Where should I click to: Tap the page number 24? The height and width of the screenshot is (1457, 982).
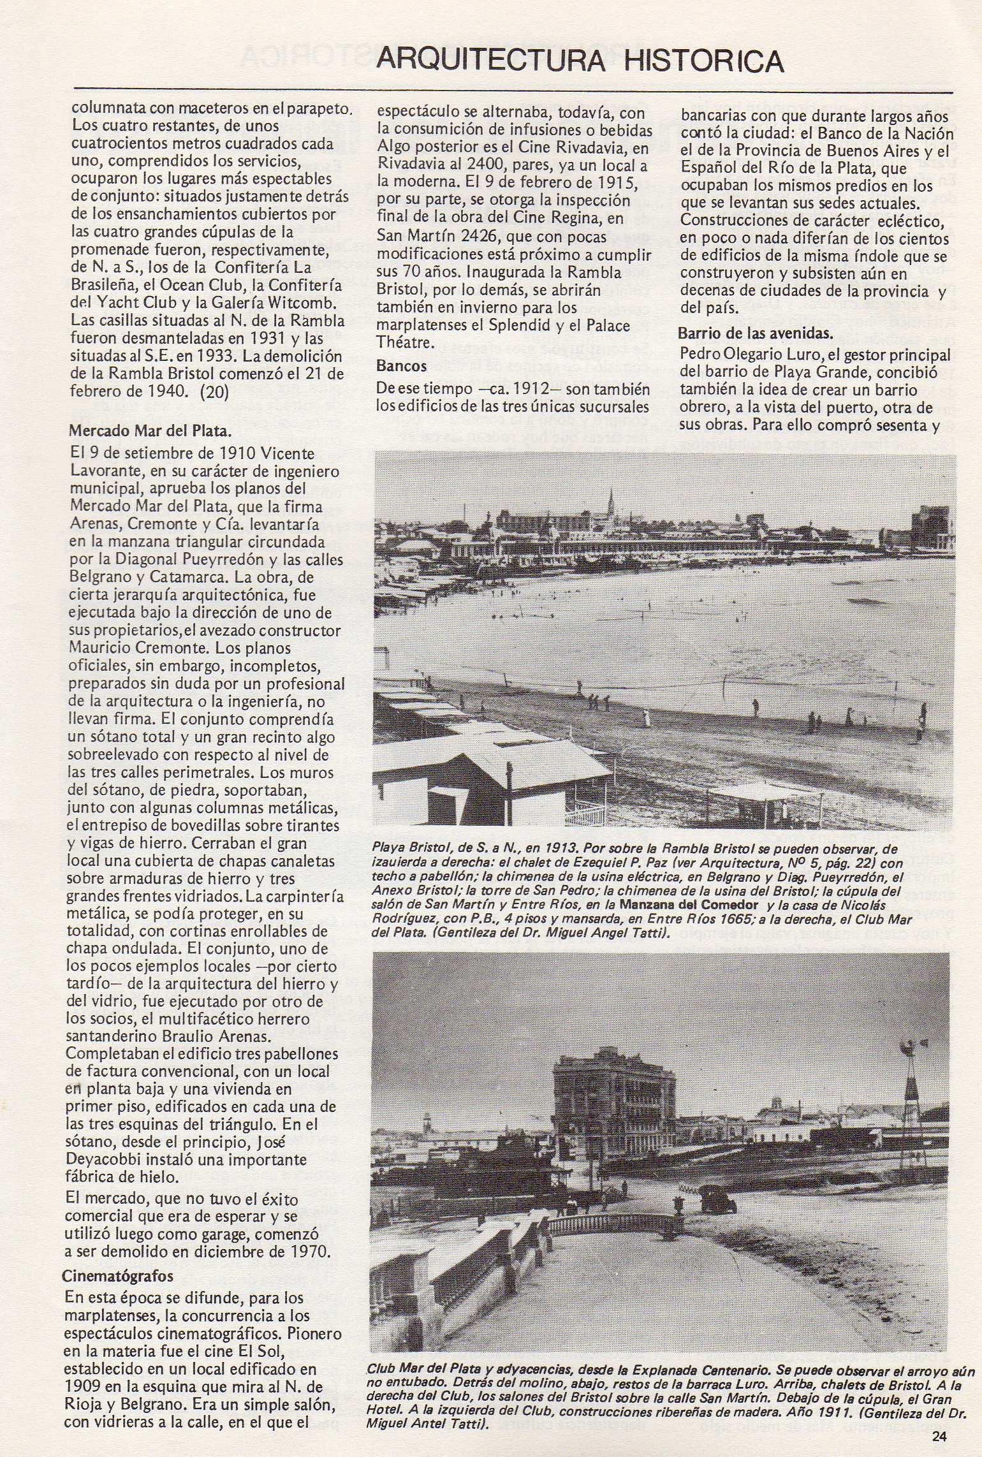tap(939, 1437)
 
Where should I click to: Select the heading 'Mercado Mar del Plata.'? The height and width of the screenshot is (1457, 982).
tap(149, 430)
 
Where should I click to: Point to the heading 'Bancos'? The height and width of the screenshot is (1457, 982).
tap(402, 366)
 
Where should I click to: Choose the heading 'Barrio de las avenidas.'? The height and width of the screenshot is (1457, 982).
tap(756, 333)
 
